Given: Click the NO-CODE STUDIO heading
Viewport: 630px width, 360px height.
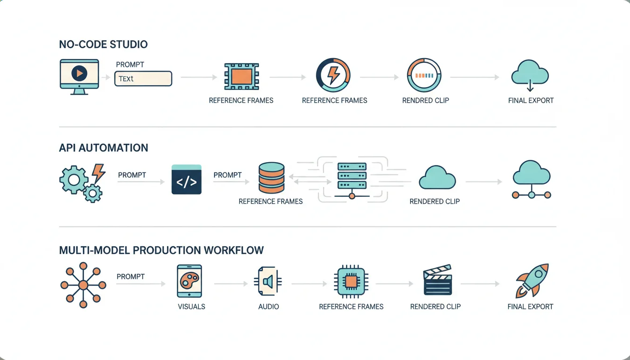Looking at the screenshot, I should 103,45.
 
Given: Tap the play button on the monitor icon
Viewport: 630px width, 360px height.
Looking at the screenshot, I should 79,73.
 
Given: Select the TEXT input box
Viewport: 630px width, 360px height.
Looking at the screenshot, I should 143,78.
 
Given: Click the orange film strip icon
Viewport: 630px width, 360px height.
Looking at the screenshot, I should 241,76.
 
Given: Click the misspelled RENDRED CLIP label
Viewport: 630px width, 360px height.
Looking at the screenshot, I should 426,100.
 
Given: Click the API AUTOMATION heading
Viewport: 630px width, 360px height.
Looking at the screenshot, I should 104,148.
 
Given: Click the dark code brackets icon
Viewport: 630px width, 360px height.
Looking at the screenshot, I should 187,180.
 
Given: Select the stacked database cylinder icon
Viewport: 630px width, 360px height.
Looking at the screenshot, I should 271,178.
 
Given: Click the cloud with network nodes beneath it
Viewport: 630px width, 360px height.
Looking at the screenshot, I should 532,181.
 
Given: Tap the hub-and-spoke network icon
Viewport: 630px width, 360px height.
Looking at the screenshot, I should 83,285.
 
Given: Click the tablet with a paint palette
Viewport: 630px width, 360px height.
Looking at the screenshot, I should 189,281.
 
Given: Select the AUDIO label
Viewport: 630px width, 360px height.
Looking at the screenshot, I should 269,307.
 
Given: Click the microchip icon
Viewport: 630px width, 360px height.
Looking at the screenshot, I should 351,282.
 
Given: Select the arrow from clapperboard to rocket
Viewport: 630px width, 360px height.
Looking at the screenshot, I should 480,284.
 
